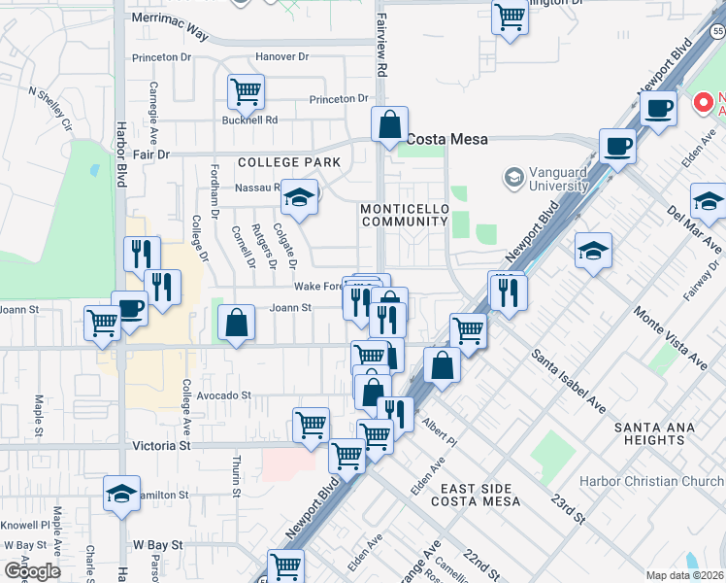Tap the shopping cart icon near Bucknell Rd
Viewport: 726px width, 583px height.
pyautogui.click(x=247, y=92)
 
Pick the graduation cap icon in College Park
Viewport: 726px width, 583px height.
pyautogui.click(x=300, y=198)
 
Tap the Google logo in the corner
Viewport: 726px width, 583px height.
pyautogui.click(x=31, y=571)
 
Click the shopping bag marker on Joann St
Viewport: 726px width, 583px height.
pyautogui.click(x=236, y=323)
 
